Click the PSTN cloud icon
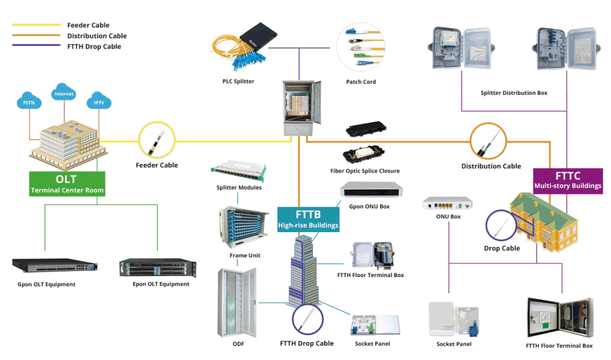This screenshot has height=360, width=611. click(29, 102)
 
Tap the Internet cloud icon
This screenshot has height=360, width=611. click(64, 93)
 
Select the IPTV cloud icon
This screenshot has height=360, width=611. click(99, 102)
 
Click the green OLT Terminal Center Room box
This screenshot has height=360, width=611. click(67, 184)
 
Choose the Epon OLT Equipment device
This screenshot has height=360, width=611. click(158, 267)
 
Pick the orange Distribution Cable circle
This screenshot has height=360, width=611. click(488, 141)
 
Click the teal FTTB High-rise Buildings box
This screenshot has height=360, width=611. click(308, 219)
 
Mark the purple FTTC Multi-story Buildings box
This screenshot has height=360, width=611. click(568, 181)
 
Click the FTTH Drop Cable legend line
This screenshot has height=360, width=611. click(36, 46)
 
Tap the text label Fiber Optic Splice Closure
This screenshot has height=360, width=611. click(365, 171)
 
